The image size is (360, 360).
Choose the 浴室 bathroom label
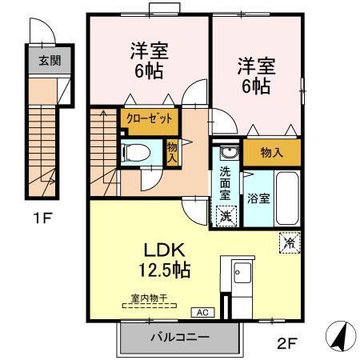coord(258,198)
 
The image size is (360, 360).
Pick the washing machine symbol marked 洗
coord(226,214)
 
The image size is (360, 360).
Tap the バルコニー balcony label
coord(180,337)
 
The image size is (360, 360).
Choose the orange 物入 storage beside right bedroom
coord(271,153)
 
